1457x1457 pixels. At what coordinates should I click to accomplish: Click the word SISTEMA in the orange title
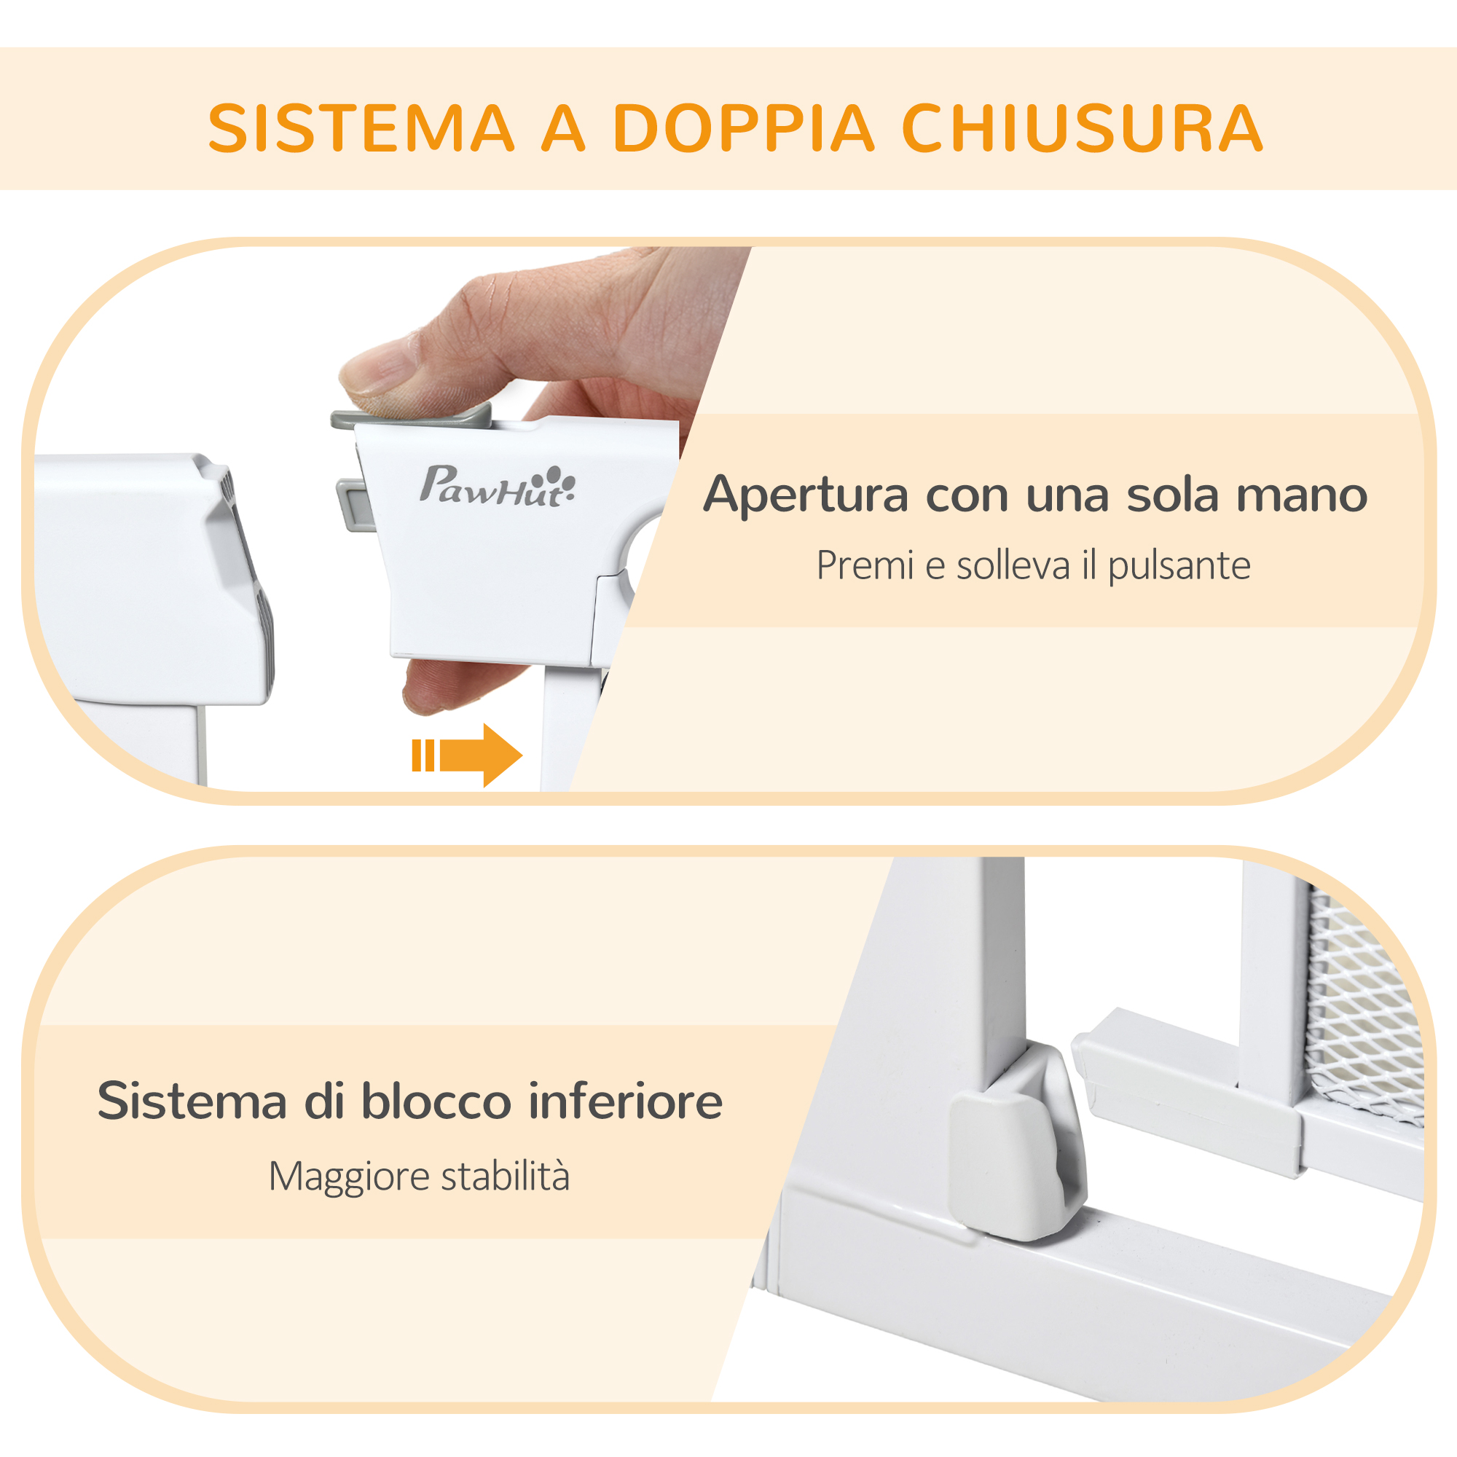click(x=361, y=127)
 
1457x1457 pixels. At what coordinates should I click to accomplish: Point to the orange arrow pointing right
click(x=467, y=755)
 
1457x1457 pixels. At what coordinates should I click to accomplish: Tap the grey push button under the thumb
click(x=411, y=415)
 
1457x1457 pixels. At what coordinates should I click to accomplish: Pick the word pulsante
click(x=1179, y=565)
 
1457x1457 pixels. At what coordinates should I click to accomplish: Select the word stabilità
click(x=506, y=1176)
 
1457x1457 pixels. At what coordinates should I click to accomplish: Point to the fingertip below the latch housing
click(x=437, y=686)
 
